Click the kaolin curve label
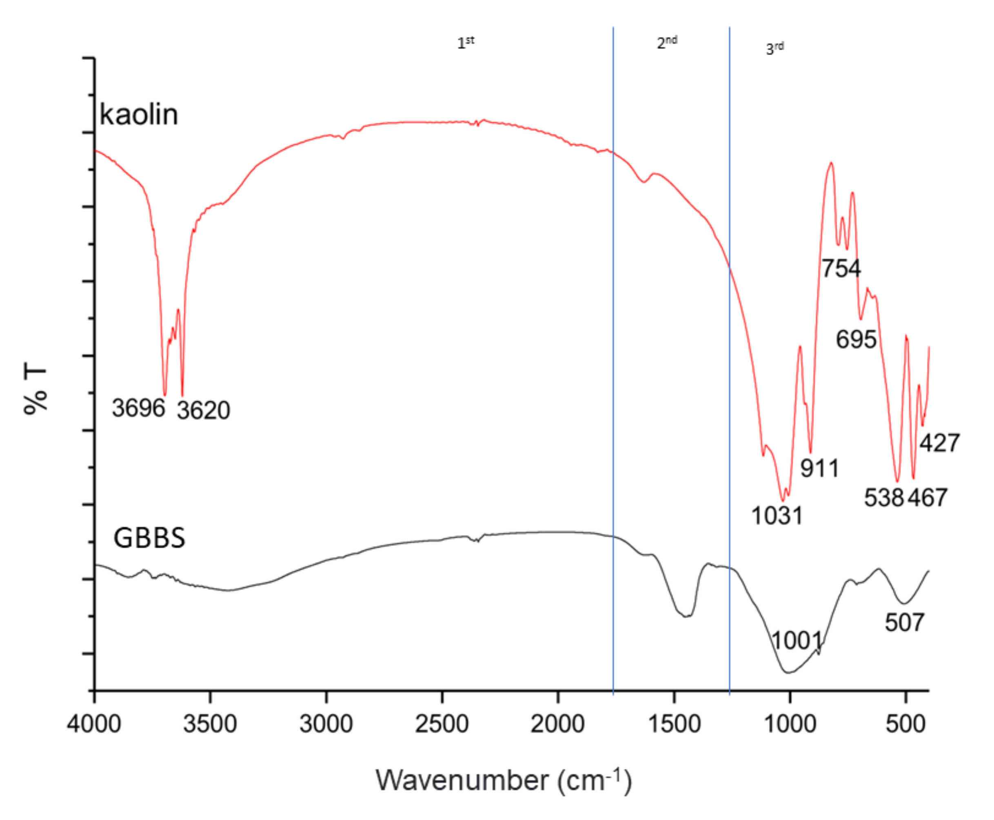click(x=139, y=115)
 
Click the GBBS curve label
click(x=149, y=538)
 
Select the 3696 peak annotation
click(x=138, y=408)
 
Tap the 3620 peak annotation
click(x=204, y=410)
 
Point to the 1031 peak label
click(x=777, y=515)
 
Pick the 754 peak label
click(x=841, y=268)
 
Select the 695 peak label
click(x=856, y=339)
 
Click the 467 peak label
click(x=927, y=497)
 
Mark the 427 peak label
click(x=939, y=443)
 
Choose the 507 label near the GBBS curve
click(x=904, y=623)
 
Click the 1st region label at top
click(x=465, y=43)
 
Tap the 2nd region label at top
click(x=667, y=42)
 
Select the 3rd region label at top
click(x=775, y=48)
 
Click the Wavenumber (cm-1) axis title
click(x=504, y=780)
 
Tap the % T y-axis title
click(x=36, y=389)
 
